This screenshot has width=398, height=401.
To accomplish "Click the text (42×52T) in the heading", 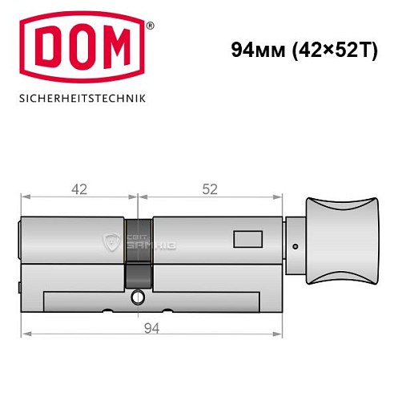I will click(x=331, y=49).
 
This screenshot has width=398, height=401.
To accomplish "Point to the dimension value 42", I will click(x=78, y=190).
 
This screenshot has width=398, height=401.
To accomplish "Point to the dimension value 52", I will click(x=210, y=190).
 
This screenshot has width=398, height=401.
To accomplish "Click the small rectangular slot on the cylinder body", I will click(x=243, y=239).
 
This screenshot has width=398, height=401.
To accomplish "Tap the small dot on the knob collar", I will click(x=295, y=247).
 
